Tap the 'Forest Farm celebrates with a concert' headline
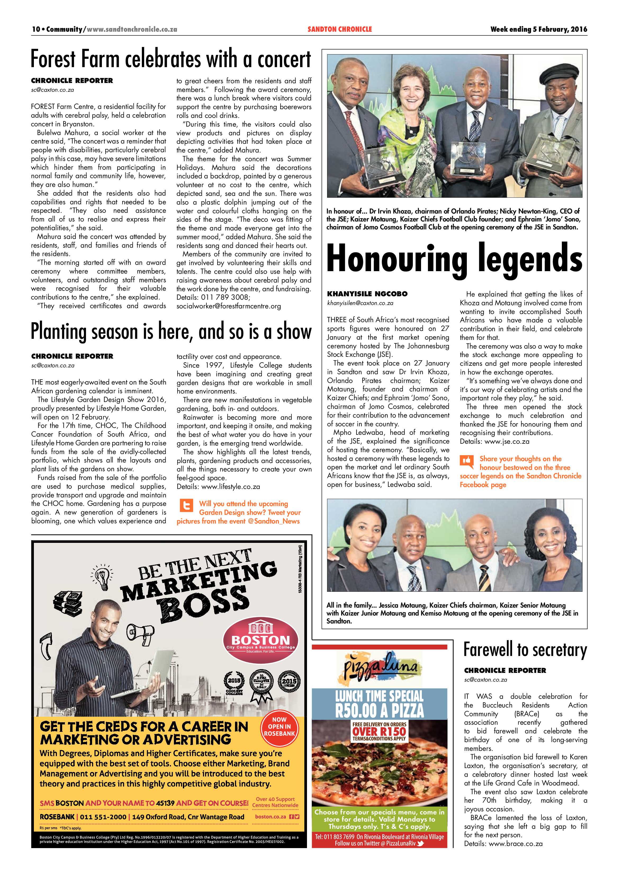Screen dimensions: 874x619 171,60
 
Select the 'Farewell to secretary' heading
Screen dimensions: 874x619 525,650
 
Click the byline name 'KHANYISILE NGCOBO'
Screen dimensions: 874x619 367,294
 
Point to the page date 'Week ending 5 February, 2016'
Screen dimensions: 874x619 539,29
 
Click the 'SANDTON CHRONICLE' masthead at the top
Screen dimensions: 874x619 340,29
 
